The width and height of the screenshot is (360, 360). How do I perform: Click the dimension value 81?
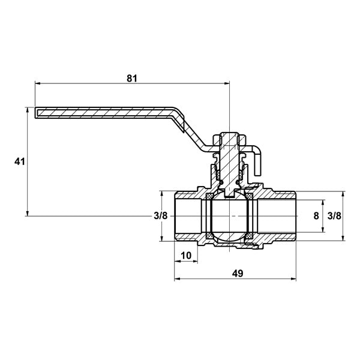[132, 78]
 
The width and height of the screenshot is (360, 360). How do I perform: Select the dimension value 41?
[20, 162]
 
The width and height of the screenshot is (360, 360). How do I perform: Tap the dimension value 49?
[238, 273]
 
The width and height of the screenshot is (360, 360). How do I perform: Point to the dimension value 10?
[186, 256]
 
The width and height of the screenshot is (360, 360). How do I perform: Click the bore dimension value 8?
[316, 216]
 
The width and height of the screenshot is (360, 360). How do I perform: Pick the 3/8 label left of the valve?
[161, 216]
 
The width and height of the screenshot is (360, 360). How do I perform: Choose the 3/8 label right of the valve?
[334, 216]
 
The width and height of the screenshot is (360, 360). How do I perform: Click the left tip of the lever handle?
[35, 113]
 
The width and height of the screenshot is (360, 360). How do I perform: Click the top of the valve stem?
[229, 133]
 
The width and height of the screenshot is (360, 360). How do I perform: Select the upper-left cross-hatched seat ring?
[209, 197]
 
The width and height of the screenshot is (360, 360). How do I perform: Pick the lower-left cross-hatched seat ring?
[209, 236]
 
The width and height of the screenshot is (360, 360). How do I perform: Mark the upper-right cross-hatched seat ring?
[250, 197]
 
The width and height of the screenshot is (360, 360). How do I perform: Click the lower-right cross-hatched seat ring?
[250, 236]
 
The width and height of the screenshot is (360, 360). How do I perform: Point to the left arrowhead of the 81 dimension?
[37, 84]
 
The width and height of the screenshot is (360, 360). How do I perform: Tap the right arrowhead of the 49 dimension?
[293, 279]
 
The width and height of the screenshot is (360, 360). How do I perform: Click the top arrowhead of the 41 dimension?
[28, 110]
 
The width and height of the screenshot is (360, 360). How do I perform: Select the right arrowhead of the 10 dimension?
[195, 261]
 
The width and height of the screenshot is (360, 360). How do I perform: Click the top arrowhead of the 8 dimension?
[323, 203]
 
